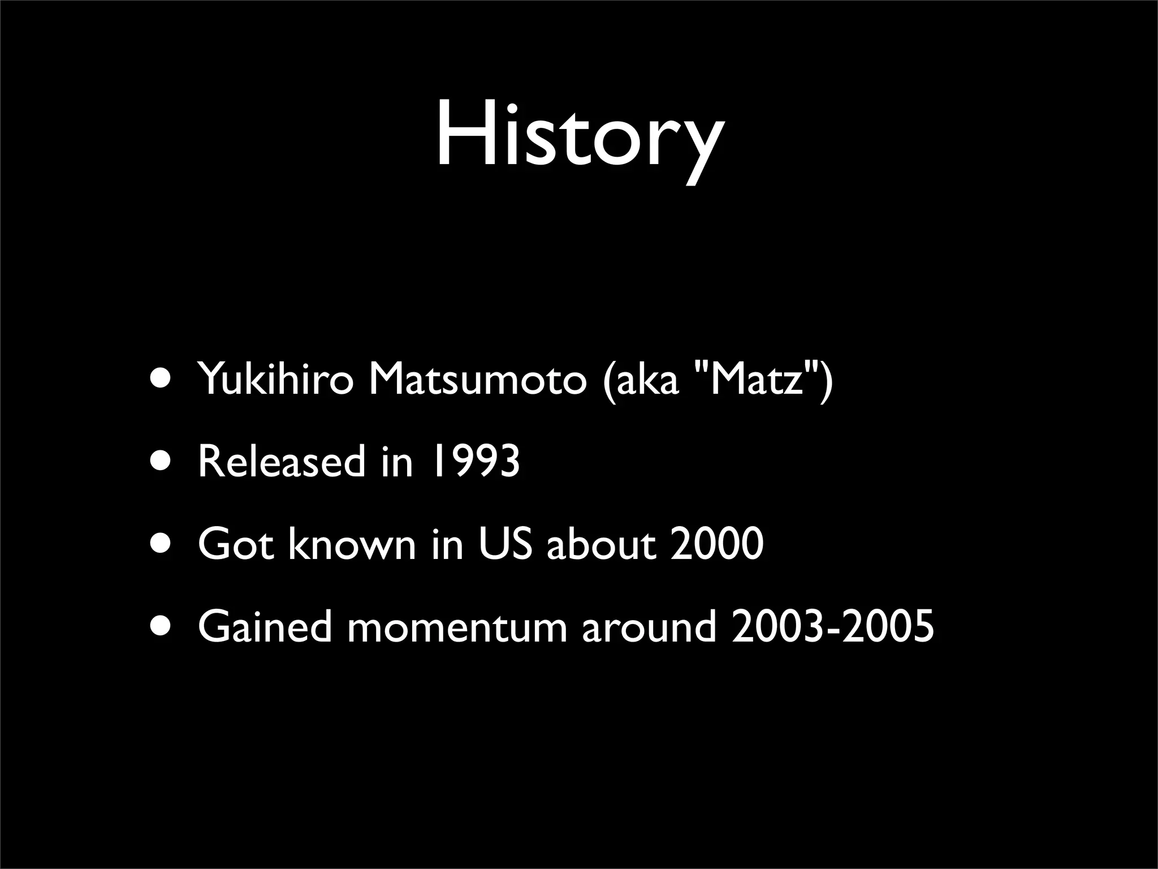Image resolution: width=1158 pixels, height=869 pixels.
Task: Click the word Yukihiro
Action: point(275,380)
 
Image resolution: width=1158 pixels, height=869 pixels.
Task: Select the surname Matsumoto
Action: point(478,380)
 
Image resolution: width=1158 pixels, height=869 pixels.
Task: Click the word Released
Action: point(282,461)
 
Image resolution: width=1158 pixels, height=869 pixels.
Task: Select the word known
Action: point(352,544)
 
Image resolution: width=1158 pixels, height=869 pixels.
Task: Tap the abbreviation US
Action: point(505,544)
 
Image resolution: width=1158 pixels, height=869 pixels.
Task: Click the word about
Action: point(602,544)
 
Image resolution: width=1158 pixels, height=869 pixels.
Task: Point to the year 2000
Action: point(716,544)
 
